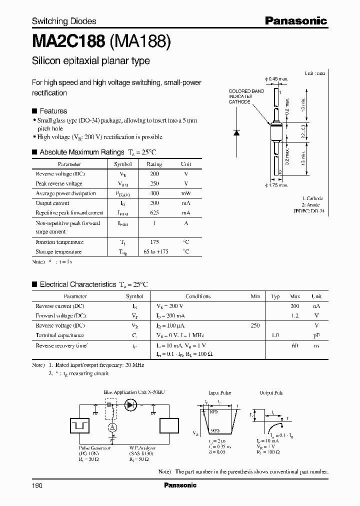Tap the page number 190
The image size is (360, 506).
(37, 485)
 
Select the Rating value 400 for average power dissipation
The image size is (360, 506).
(154, 193)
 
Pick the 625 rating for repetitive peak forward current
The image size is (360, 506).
(154, 213)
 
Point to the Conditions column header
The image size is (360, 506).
(197, 296)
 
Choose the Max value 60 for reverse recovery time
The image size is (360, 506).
(294, 345)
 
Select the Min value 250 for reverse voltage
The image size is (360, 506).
(255, 325)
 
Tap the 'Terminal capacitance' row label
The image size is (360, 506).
(59, 335)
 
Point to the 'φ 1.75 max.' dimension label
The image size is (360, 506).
(276, 185)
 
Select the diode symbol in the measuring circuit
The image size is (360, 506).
(132, 404)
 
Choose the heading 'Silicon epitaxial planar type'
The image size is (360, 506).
(91, 61)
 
